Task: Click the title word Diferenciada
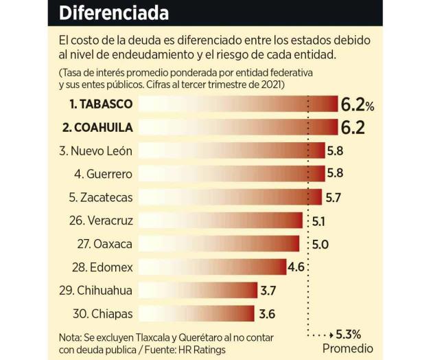pos(114,12)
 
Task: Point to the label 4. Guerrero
pos(103,174)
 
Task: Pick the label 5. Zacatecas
pos(100,197)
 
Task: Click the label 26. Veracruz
pos(100,221)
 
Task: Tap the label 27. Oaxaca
pos(104,244)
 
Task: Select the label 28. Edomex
pos(102,267)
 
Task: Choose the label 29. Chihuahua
pos(95,290)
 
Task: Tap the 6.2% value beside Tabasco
pos(357,104)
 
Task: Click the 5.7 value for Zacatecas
pos(334,197)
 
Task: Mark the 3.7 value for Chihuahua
pos(268,290)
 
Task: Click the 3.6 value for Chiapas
pos(268,313)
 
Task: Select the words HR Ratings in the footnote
pos(200,349)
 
